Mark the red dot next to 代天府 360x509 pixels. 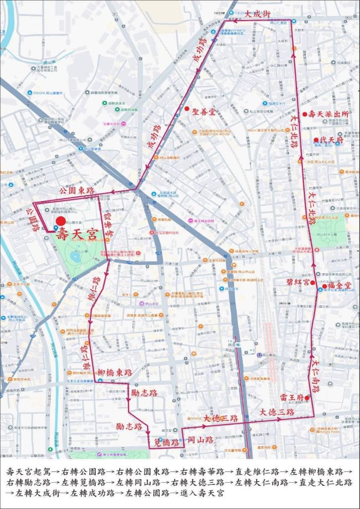coord(316,140)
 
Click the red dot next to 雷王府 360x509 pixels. coord(307,397)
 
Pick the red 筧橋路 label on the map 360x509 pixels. coord(167,442)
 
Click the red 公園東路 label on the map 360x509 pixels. coord(77,190)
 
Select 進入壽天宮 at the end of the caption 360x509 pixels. coord(200,493)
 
